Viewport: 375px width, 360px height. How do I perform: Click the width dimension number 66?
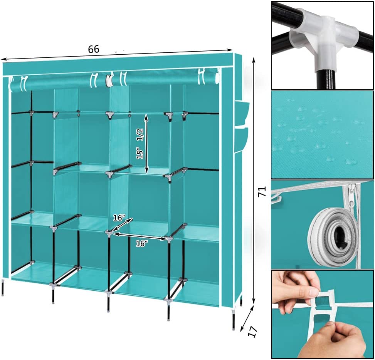pyautogui.click(x=94, y=49)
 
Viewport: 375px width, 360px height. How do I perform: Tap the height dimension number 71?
pyautogui.click(x=262, y=192)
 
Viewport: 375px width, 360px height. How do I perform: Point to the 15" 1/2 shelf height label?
pyautogui.click(x=140, y=144)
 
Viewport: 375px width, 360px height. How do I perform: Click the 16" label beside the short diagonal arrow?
pyautogui.click(x=119, y=218)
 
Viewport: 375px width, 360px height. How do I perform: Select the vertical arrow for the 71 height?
pyautogui.click(x=254, y=180)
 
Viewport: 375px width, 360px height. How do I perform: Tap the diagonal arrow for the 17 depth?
pyautogui.click(x=247, y=319)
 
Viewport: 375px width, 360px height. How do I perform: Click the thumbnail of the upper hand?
pyautogui.click(x=312, y=292)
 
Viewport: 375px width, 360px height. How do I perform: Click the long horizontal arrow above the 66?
pyautogui.click(x=117, y=54)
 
